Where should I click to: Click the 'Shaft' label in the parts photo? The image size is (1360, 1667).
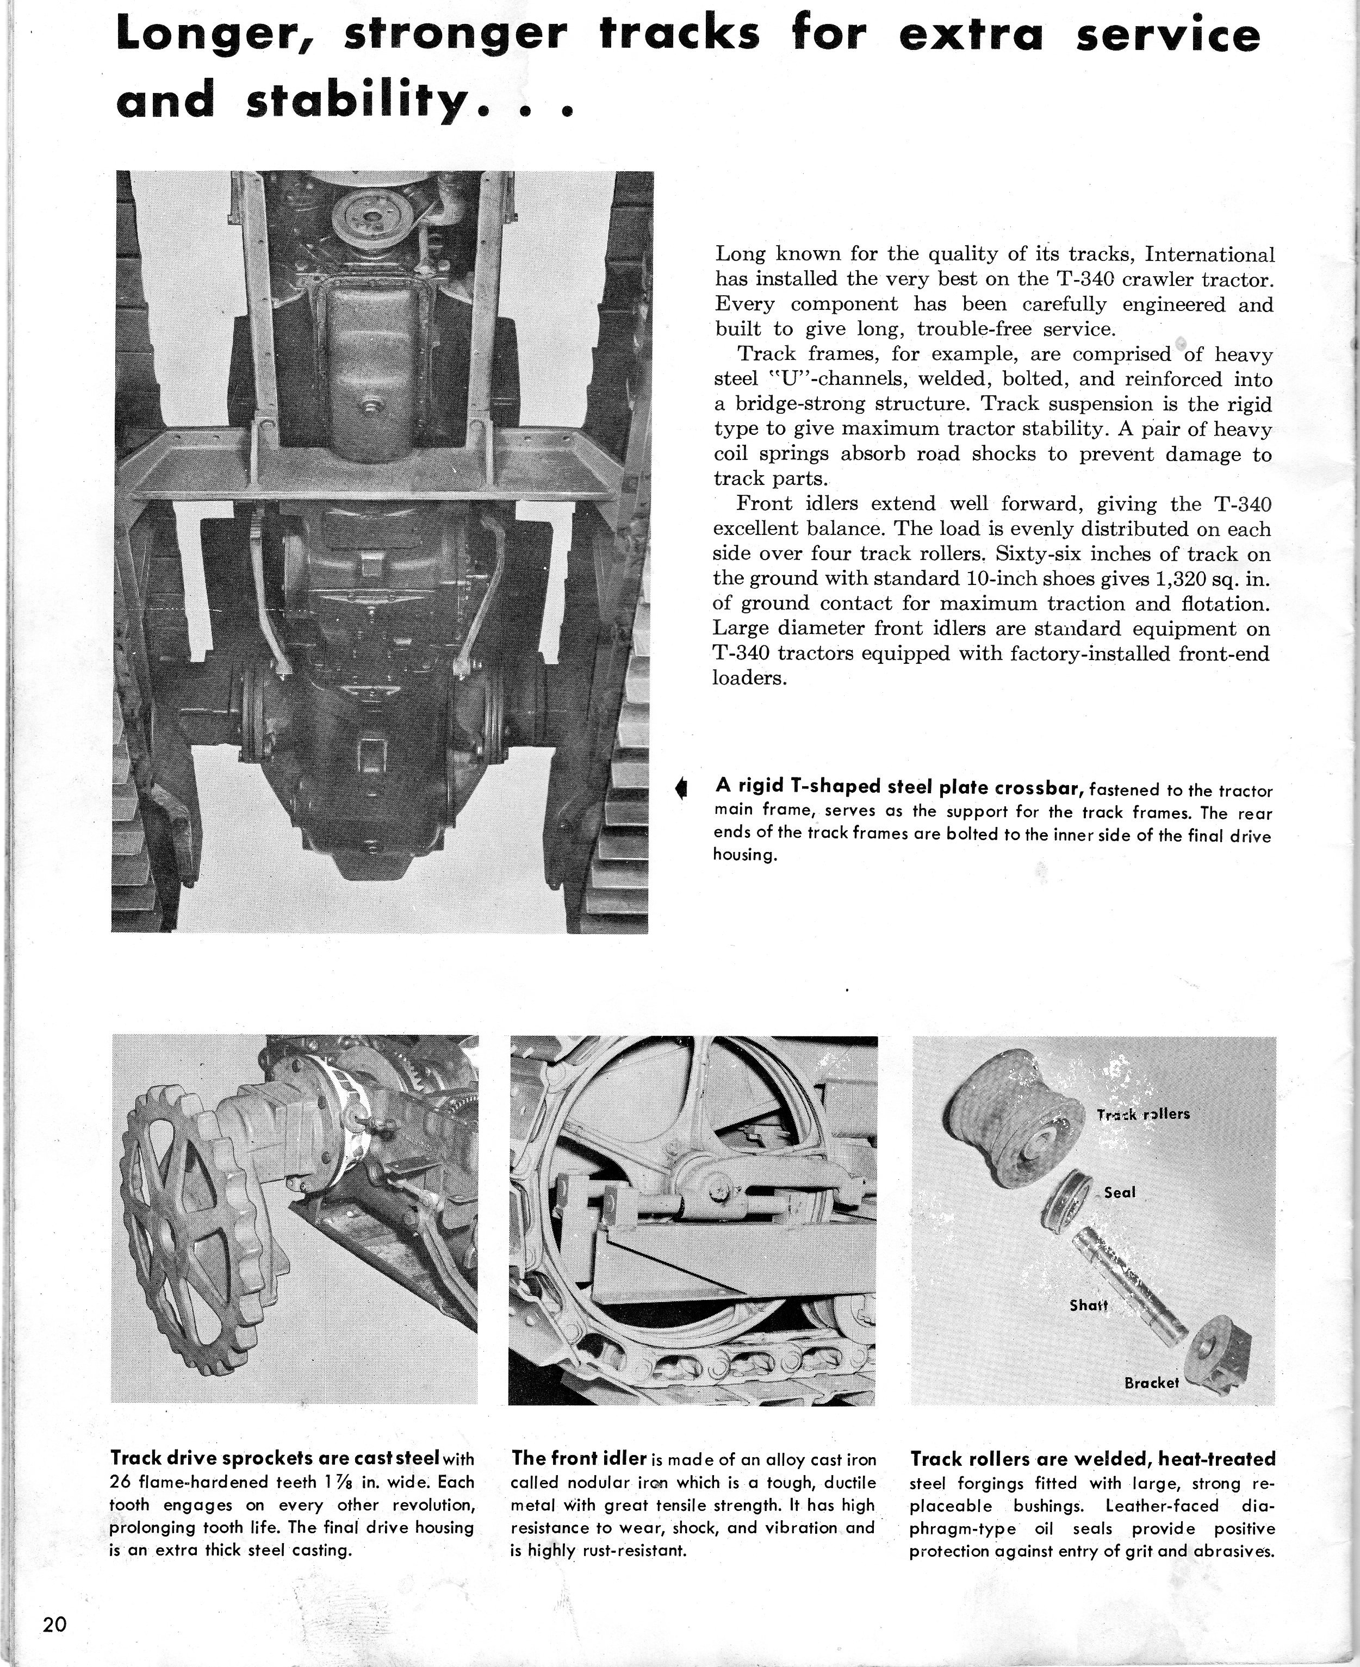[x=1088, y=1306]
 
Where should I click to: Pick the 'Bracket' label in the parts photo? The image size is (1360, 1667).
[x=1151, y=1383]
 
